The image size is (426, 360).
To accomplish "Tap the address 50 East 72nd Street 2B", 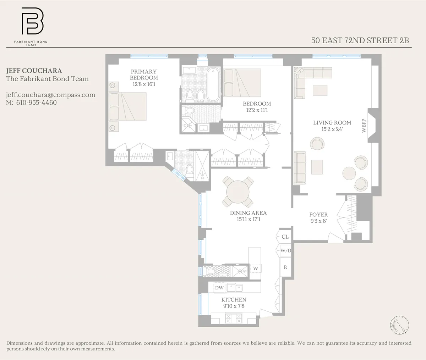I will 360,40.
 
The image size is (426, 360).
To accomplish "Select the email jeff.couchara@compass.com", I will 50,95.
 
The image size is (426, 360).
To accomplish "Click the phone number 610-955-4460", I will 37,103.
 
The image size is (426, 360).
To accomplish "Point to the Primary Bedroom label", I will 144,75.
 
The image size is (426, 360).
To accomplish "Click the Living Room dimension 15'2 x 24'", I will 332,129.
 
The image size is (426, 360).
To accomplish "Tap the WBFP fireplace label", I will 364,126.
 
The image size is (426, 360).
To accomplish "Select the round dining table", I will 238,192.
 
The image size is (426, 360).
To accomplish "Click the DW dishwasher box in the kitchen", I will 219,288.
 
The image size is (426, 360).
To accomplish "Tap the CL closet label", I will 285,237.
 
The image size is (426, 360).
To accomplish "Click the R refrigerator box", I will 285,267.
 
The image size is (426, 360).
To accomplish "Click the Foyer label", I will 318,215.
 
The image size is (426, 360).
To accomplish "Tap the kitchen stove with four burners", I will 234,318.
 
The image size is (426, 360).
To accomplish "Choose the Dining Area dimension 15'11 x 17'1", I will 248,220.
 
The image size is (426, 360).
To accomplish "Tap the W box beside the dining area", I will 256,268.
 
